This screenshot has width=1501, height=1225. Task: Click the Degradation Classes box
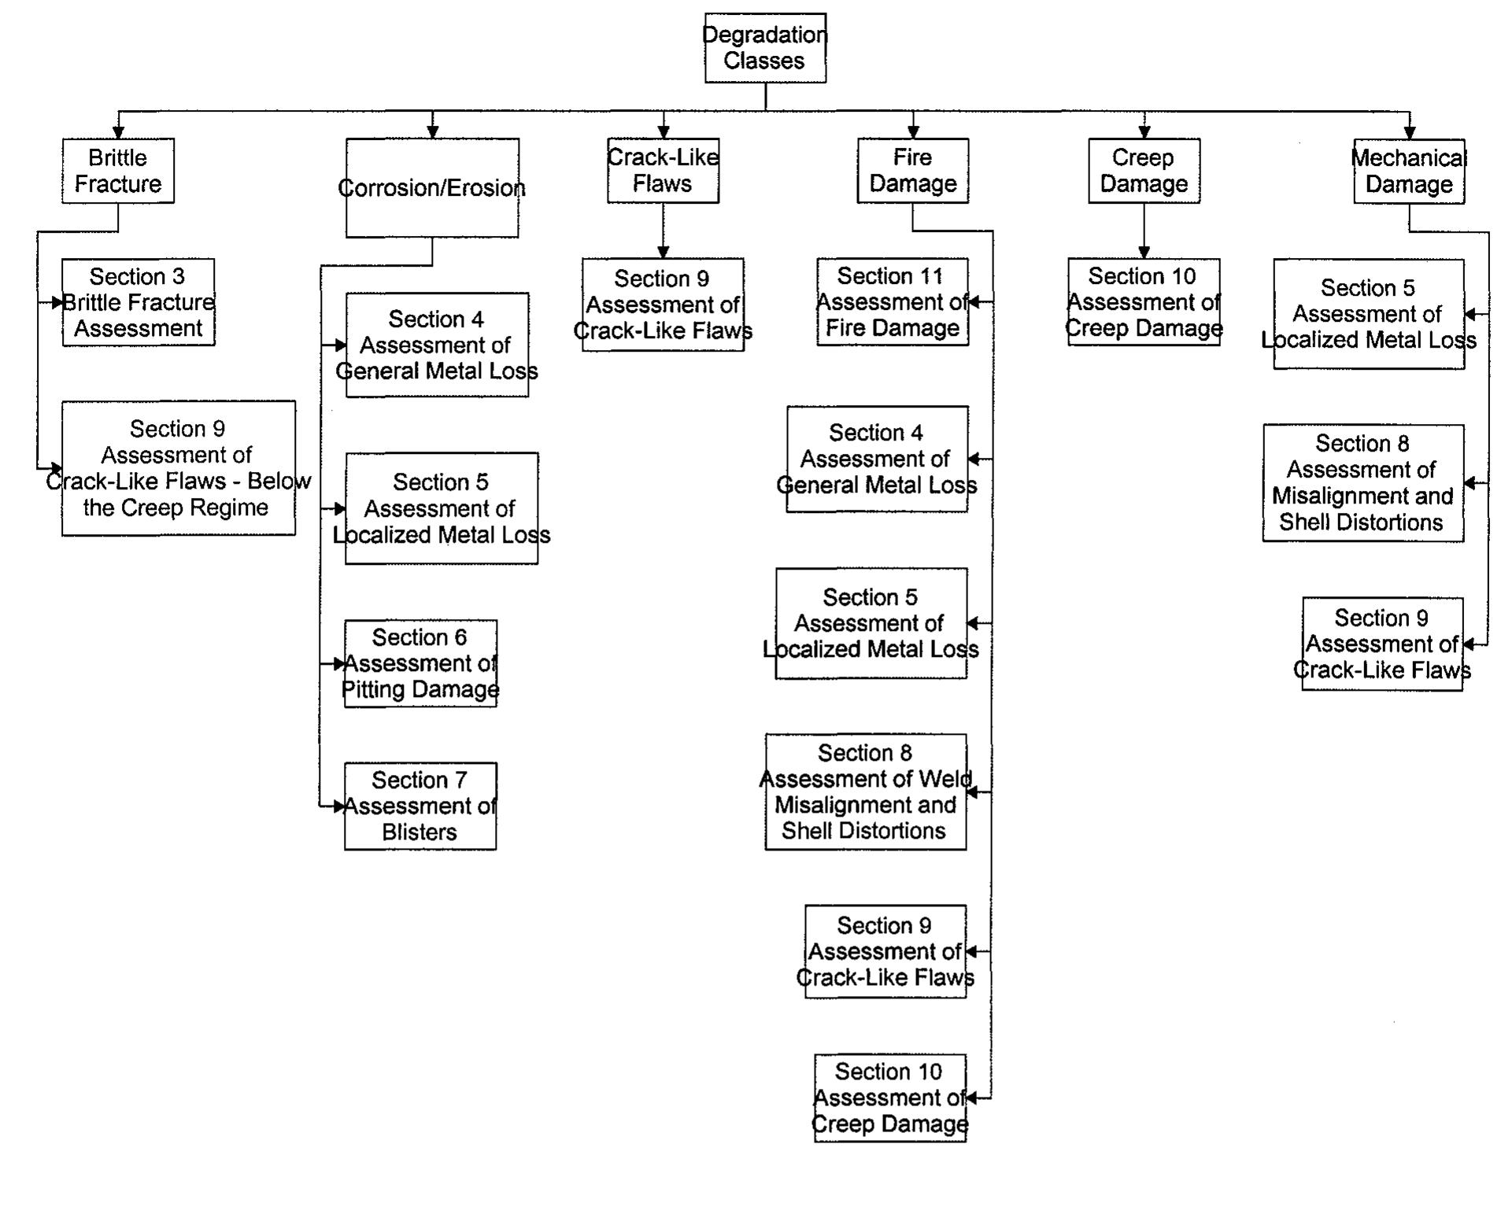[764, 48]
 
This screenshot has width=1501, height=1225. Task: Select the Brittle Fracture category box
[118, 171]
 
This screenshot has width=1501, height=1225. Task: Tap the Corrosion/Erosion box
[432, 188]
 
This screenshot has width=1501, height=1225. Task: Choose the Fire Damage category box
[912, 171]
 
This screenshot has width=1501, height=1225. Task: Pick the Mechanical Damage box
[1408, 171]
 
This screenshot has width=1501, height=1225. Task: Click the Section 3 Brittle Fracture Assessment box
[139, 302]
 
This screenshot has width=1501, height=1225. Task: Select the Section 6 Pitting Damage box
[420, 663]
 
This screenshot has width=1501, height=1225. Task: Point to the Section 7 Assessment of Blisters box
[420, 806]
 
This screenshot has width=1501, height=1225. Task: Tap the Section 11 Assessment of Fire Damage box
[892, 302]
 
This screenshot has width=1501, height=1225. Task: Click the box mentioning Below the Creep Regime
[179, 468]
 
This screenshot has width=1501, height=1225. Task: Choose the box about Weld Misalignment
[865, 791]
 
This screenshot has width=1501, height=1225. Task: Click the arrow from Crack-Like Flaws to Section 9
[663, 231]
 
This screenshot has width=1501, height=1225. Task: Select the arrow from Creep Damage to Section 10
[1144, 231]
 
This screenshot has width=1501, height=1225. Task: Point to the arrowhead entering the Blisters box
[339, 806]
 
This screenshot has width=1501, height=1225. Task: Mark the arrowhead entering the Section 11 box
[974, 302]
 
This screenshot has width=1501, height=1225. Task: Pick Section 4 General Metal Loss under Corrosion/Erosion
[437, 345]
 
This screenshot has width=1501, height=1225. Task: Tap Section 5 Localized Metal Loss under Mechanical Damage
[1368, 314]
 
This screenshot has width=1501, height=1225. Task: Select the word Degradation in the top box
[764, 35]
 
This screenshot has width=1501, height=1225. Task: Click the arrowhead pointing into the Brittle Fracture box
[118, 133]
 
